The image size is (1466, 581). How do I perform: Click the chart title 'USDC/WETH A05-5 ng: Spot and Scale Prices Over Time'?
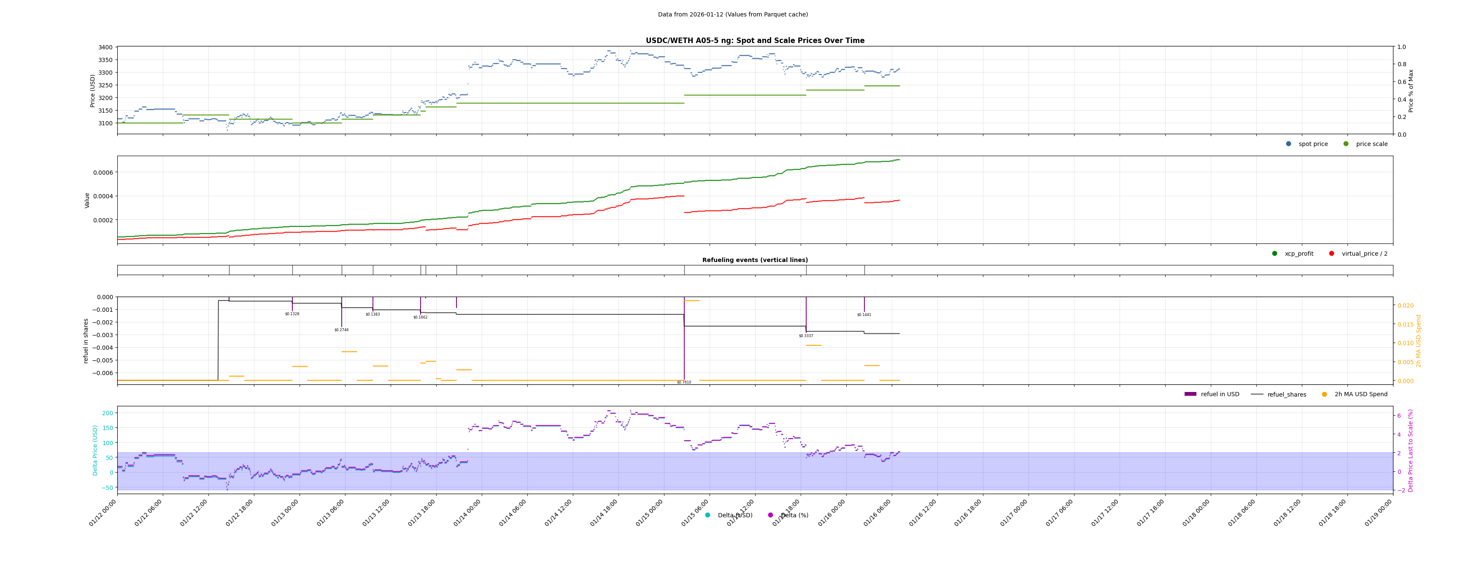point(755,41)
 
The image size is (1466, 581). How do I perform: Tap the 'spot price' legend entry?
point(1312,144)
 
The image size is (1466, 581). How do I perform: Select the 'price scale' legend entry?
point(1371,144)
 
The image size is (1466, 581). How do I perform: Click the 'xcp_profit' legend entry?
point(1299,254)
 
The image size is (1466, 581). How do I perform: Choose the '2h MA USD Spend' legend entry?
point(1360,395)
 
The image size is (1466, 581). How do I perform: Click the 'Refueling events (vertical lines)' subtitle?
point(755,260)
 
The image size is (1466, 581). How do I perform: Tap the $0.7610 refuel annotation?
point(683,382)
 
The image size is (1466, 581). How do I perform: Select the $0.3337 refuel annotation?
point(805,336)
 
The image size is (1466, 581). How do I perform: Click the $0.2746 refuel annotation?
point(341,330)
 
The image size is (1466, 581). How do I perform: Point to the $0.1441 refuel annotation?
point(864,315)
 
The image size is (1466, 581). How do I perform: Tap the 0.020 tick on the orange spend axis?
point(1405,305)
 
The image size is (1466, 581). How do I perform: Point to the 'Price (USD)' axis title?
point(93,90)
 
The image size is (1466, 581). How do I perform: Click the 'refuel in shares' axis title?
point(86,341)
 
